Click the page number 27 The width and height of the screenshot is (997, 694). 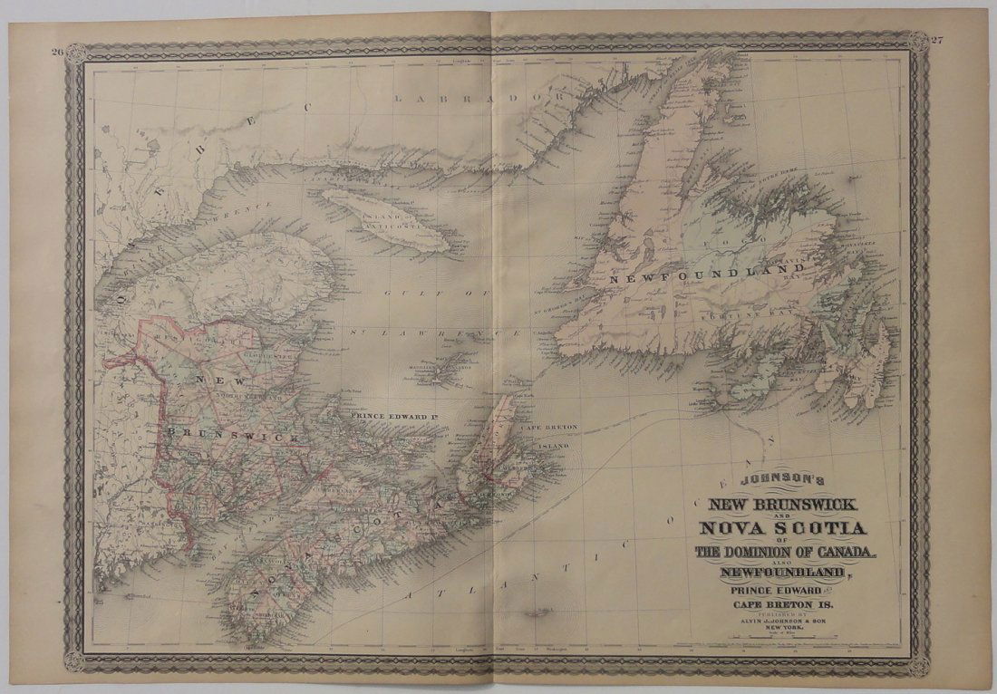(x=938, y=40)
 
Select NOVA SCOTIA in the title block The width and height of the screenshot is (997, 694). (x=779, y=527)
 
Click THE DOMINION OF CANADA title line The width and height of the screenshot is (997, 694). (x=785, y=551)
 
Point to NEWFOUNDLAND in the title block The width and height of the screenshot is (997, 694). (x=783, y=572)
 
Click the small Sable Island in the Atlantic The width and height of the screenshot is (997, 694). (x=537, y=614)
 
